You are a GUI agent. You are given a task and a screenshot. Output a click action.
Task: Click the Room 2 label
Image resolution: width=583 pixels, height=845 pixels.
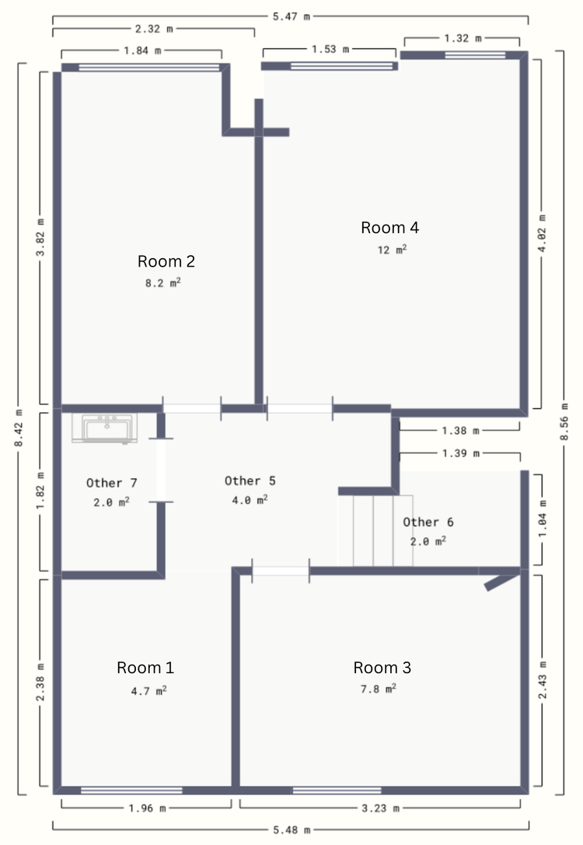pos(166,261)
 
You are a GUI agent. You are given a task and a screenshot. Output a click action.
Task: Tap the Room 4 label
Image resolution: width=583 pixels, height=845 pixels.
pos(389,228)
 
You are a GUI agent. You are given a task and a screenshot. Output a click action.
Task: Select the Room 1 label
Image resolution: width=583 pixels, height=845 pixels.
pos(145,668)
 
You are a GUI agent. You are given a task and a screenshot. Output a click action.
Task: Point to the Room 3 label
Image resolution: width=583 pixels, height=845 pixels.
pos(382,668)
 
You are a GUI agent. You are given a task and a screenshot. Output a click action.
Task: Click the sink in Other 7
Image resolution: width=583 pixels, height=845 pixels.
pos(104,428)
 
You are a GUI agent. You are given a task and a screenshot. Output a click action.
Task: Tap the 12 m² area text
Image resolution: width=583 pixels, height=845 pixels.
pos(392,250)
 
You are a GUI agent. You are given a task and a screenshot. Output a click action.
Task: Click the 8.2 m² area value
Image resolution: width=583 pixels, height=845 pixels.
pos(162,282)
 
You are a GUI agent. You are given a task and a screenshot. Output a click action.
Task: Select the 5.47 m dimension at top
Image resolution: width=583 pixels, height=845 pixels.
pos(291,16)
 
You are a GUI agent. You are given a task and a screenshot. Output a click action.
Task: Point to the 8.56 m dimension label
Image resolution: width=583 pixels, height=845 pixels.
pos(564,421)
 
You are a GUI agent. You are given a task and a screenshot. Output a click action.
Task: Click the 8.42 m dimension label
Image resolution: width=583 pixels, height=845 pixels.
pos(19,428)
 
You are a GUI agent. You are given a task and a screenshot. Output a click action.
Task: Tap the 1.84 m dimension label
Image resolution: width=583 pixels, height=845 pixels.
pos(142,51)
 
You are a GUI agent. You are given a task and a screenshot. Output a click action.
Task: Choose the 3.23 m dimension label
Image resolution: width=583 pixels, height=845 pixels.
pos(380,808)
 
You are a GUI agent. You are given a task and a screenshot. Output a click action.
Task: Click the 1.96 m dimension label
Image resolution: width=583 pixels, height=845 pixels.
pos(147,808)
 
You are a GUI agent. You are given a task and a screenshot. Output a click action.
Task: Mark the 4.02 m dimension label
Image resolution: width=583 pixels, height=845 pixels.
pos(542,233)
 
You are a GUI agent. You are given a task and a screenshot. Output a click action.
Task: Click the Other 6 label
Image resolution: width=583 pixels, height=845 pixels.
pos(428,522)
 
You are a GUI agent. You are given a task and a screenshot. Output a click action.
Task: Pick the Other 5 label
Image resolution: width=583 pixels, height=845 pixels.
pos(250,480)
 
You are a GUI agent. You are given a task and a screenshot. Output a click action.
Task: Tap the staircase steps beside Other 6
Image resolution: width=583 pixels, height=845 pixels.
pos(375,531)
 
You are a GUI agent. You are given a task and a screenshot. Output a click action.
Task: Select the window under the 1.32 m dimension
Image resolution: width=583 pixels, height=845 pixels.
pos(475,55)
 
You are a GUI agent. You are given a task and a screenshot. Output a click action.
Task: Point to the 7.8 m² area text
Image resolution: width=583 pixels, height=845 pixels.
pos(379,688)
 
